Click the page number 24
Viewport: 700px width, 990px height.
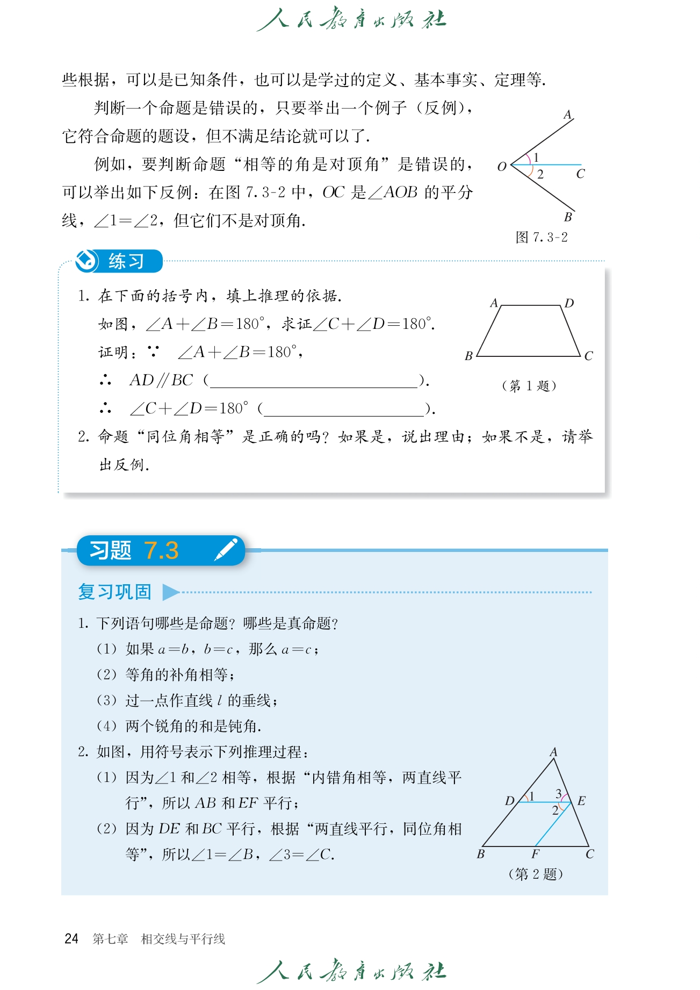[71, 939]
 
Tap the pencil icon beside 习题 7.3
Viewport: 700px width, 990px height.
[226, 549]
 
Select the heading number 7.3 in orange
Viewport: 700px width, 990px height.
[161, 550]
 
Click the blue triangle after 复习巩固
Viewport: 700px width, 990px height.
[170, 592]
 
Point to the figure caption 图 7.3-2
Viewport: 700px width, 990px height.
[542, 238]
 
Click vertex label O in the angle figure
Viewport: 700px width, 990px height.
[502, 167]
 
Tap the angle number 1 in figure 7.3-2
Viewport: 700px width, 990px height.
[536, 157]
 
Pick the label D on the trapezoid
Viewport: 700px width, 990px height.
[569, 303]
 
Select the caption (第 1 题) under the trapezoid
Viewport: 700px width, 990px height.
[529, 386]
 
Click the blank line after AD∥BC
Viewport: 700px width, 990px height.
[314, 382]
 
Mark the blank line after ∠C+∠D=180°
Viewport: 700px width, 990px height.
[344, 410]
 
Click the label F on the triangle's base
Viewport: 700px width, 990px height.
[536, 854]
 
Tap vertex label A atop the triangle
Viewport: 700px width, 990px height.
[553, 752]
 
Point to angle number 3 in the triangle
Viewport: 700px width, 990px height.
[559, 793]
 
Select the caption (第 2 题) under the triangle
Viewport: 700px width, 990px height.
[536, 874]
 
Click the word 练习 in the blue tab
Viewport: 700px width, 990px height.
[126, 262]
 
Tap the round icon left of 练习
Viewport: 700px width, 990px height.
[86, 261]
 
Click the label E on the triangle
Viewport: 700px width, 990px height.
[581, 801]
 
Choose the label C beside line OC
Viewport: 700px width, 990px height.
[580, 174]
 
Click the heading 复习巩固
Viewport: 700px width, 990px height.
[114, 592]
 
